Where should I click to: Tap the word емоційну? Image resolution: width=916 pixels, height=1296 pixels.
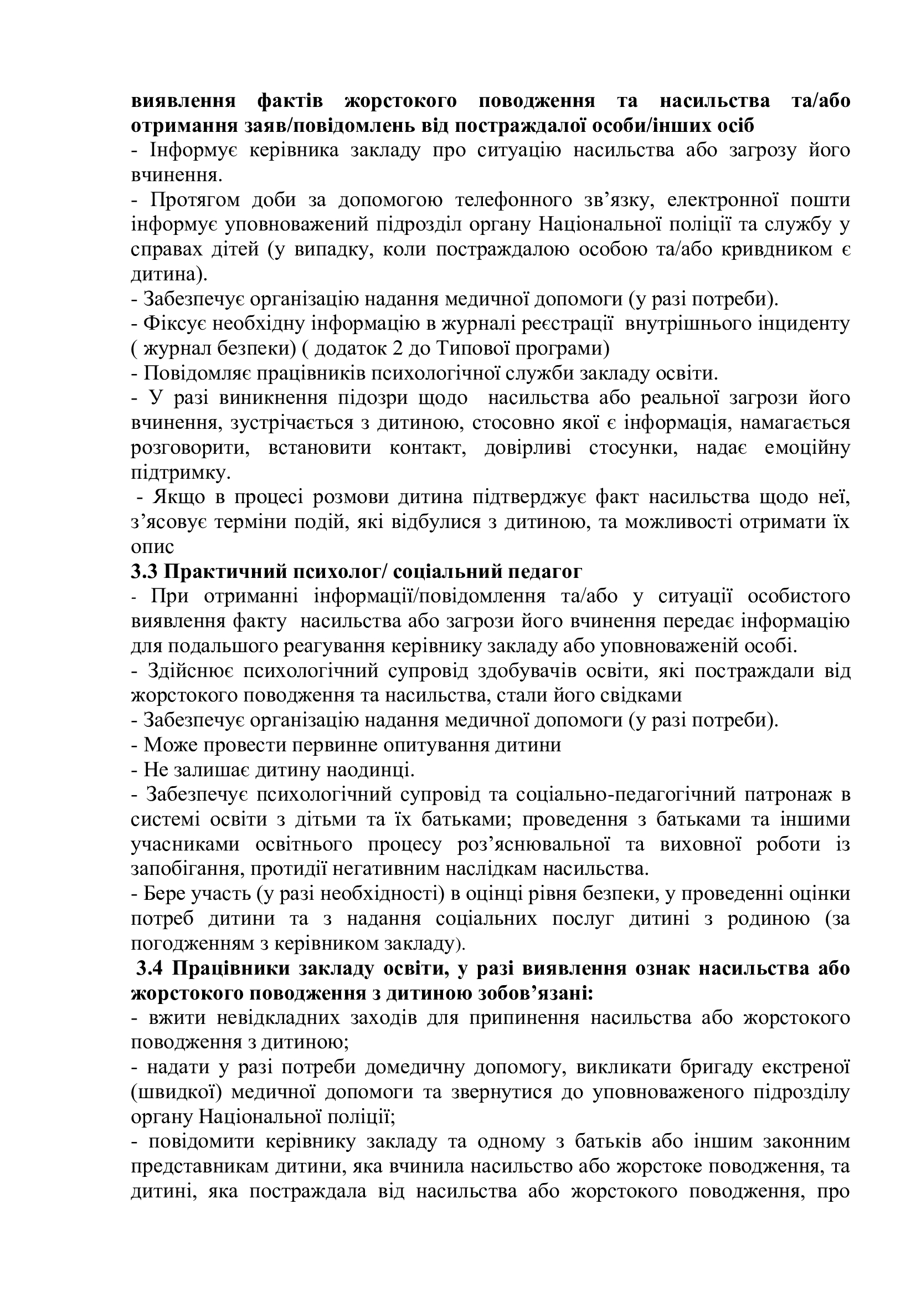806,449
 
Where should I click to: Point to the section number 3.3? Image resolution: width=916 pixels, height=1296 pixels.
145,572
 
